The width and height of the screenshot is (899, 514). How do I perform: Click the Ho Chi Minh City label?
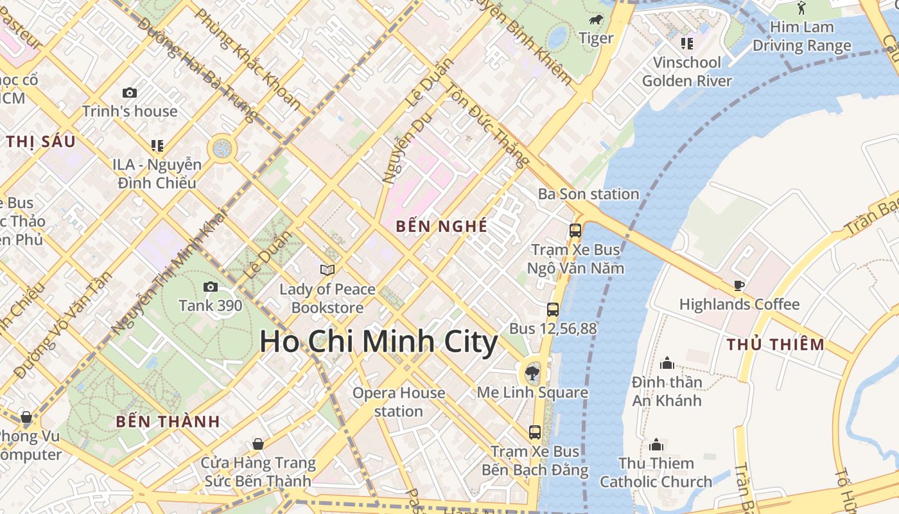(378, 342)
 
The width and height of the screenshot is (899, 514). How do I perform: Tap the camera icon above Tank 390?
(210, 287)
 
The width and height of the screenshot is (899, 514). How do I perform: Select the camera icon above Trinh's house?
(129, 93)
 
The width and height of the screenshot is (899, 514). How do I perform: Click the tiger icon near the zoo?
(596, 20)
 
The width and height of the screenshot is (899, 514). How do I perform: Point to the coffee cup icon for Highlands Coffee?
(739, 285)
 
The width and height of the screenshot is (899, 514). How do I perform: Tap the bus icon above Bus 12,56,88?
(552, 310)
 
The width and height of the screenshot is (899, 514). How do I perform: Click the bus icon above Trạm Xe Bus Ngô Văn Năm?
(575, 231)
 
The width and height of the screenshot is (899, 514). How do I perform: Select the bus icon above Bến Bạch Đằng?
(534, 432)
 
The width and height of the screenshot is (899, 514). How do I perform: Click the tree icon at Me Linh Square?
(532, 373)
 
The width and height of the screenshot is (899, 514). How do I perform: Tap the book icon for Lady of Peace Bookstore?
(327, 270)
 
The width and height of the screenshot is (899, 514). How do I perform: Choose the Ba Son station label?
(588, 194)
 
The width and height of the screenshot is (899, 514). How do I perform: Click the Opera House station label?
(398, 402)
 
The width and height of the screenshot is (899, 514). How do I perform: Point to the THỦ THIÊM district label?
(775, 344)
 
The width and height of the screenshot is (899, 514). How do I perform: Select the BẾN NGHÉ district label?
(441, 226)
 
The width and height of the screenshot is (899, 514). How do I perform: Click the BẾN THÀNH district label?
(168, 421)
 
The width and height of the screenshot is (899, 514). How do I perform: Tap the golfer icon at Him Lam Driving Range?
(801, 8)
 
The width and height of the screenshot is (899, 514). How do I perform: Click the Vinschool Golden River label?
(686, 71)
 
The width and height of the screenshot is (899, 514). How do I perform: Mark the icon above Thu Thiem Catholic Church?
(656, 445)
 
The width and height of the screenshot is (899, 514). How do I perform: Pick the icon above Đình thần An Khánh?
(667, 364)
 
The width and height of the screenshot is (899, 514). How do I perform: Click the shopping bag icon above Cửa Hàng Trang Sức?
(257, 444)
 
